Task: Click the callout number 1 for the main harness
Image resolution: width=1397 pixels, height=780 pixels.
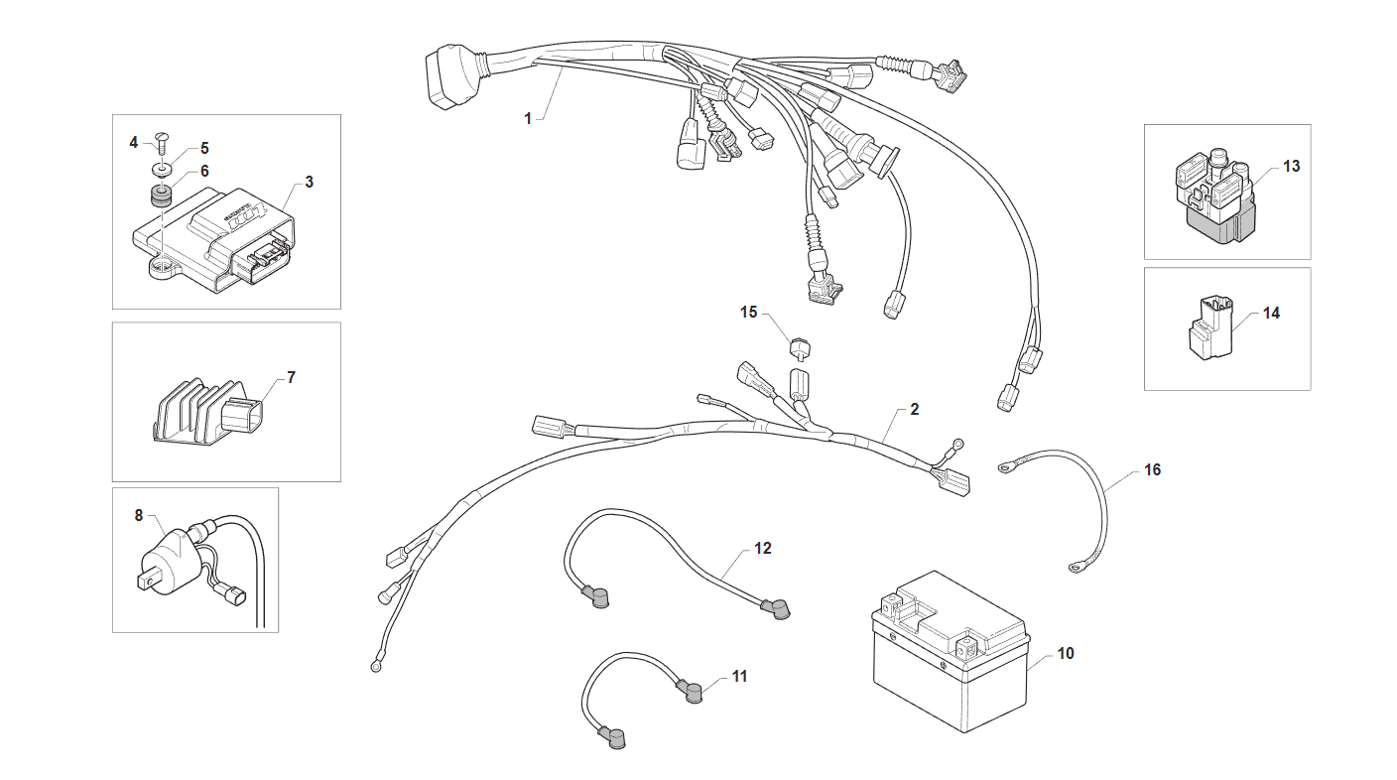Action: pyautogui.click(x=528, y=118)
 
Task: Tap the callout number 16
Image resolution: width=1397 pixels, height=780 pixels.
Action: pyautogui.click(x=1153, y=469)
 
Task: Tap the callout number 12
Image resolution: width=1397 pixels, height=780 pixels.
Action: pyautogui.click(x=763, y=549)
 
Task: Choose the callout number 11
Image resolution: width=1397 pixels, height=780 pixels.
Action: pyautogui.click(x=739, y=677)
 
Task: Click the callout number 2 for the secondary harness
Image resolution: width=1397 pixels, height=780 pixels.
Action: pyautogui.click(x=914, y=410)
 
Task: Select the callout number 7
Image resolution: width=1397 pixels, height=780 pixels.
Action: pyautogui.click(x=292, y=377)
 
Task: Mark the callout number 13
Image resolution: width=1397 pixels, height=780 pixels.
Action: pyautogui.click(x=1292, y=167)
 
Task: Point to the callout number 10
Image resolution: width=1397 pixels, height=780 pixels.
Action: pyautogui.click(x=1066, y=653)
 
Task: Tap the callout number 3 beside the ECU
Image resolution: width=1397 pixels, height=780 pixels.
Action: pyautogui.click(x=309, y=183)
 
